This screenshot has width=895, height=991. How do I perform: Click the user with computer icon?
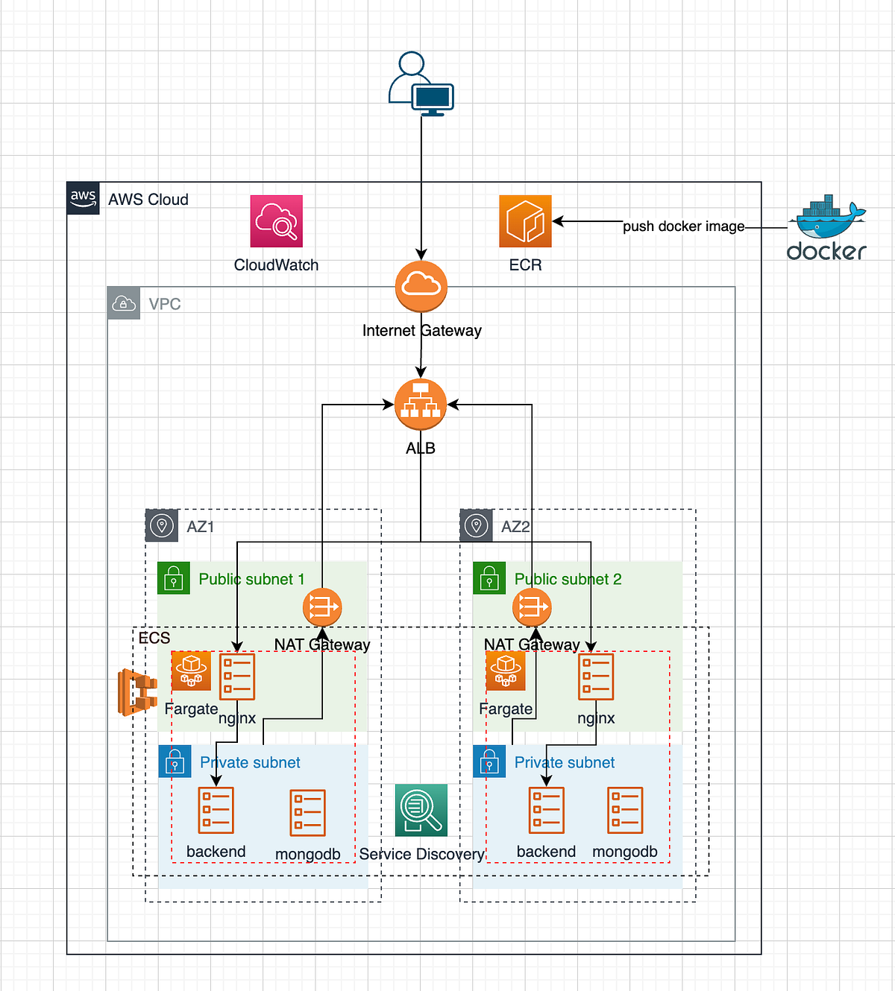(421, 84)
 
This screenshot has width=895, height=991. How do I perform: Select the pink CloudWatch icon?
(276, 221)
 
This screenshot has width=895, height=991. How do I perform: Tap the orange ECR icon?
(525, 221)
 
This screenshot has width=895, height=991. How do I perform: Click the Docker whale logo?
(827, 218)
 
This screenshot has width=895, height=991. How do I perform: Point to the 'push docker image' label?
(683, 227)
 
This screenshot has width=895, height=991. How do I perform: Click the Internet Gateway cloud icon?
(421, 286)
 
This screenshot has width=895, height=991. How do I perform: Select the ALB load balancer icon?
(421, 405)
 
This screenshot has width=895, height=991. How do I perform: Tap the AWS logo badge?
(83, 198)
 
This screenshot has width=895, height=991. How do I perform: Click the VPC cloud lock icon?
(124, 303)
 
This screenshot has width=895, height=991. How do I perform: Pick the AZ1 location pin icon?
(162, 526)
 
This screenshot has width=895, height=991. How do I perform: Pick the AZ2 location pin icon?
(477, 526)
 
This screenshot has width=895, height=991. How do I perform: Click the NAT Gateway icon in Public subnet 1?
(322, 608)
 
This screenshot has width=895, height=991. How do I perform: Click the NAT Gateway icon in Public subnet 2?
(532, 608)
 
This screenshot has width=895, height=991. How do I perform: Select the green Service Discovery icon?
(421, 811)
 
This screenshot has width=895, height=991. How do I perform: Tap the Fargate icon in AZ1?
(192, 671)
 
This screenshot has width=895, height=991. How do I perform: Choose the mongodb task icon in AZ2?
(625, 811)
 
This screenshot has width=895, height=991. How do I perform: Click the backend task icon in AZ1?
(216, 811)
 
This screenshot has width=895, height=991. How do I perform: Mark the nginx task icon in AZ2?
(596, 677)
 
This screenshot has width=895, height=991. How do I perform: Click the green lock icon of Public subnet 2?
(489, 578)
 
